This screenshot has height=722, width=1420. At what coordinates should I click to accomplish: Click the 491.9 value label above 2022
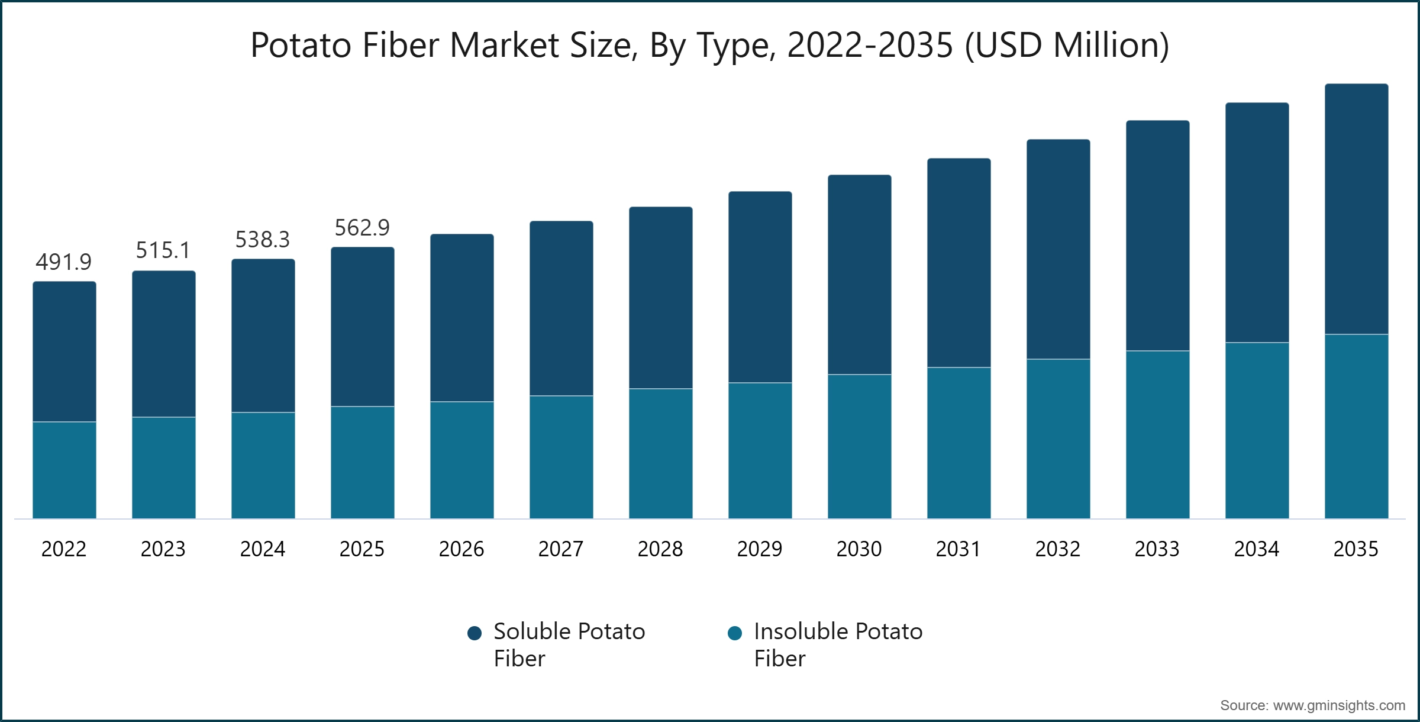(64, 262)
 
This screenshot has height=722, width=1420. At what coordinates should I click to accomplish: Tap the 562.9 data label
(362, 227)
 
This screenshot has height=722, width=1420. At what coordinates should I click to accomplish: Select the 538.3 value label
(263, 240)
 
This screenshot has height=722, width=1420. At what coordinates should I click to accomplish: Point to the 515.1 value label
(163, 250)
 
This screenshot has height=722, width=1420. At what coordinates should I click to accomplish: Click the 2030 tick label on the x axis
(859, 549)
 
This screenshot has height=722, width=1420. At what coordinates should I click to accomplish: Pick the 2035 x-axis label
(1356, 549)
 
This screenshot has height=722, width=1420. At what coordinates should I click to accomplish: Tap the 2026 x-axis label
(461, 549)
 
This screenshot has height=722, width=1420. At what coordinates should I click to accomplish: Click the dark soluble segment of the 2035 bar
(1356, 209)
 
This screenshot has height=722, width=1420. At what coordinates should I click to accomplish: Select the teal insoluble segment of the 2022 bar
(64, 470)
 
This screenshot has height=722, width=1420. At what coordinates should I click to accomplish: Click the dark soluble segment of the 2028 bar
(660, 298)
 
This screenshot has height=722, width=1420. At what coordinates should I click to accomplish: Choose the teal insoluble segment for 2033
(1157, 435)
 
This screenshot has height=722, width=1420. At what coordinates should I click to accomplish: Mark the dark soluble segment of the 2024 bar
(263, 336)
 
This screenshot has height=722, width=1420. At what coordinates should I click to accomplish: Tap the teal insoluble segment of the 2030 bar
(859, 447)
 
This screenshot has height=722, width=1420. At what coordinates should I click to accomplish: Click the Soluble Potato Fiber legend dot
(475, 634)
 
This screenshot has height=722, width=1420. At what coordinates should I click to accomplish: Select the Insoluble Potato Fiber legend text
(838, 644)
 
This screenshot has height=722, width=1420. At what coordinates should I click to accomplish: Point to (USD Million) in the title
(1067, 45)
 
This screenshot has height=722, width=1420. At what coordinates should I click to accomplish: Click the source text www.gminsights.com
(1338, 705)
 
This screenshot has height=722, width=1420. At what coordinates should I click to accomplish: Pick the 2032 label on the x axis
(1058, 549)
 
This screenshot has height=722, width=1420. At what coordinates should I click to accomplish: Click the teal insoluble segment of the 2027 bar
(561, 457)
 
